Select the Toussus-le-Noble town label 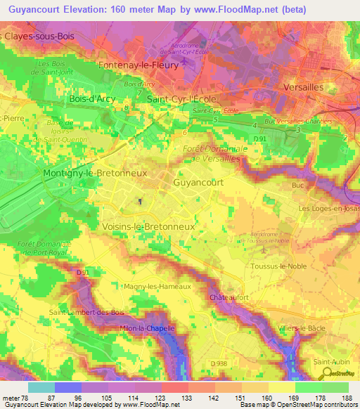click(276, 267)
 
